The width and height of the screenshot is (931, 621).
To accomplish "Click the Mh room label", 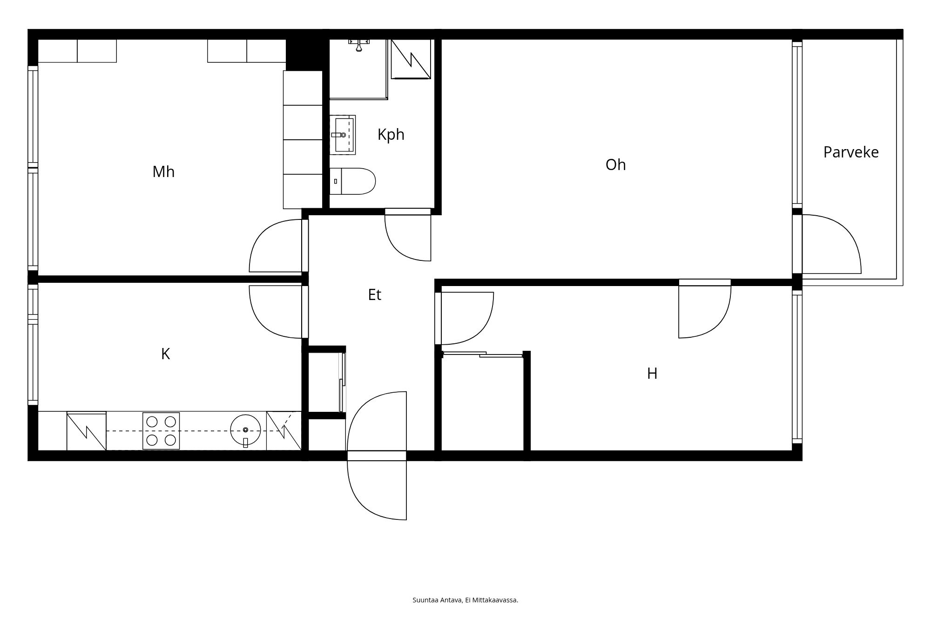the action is click(x=163, y=172).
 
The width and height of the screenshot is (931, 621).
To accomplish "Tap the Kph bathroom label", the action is click(x=391, y=135).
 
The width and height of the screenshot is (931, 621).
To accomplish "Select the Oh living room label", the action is click(x=615, y=165).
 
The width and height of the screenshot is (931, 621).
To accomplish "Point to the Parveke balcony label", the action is click(x=851, y=152).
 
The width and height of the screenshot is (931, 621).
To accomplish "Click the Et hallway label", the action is click(x=375, y=295).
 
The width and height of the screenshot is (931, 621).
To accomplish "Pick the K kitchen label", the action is click(x=165, y=354).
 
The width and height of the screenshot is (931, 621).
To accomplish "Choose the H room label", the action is click(x=652, y=374).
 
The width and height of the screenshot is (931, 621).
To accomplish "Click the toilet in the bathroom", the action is click(x=352, y=181).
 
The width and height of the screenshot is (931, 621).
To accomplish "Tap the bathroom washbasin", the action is click(x=343, y=135).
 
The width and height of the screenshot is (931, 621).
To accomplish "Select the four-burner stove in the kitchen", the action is click(x=161, y=431).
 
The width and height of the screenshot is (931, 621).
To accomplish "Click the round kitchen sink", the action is click(x=245, y=430).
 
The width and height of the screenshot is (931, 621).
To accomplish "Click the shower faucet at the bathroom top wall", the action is click(x=359, y=45).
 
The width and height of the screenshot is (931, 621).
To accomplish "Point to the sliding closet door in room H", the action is click(x=483, y=355).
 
